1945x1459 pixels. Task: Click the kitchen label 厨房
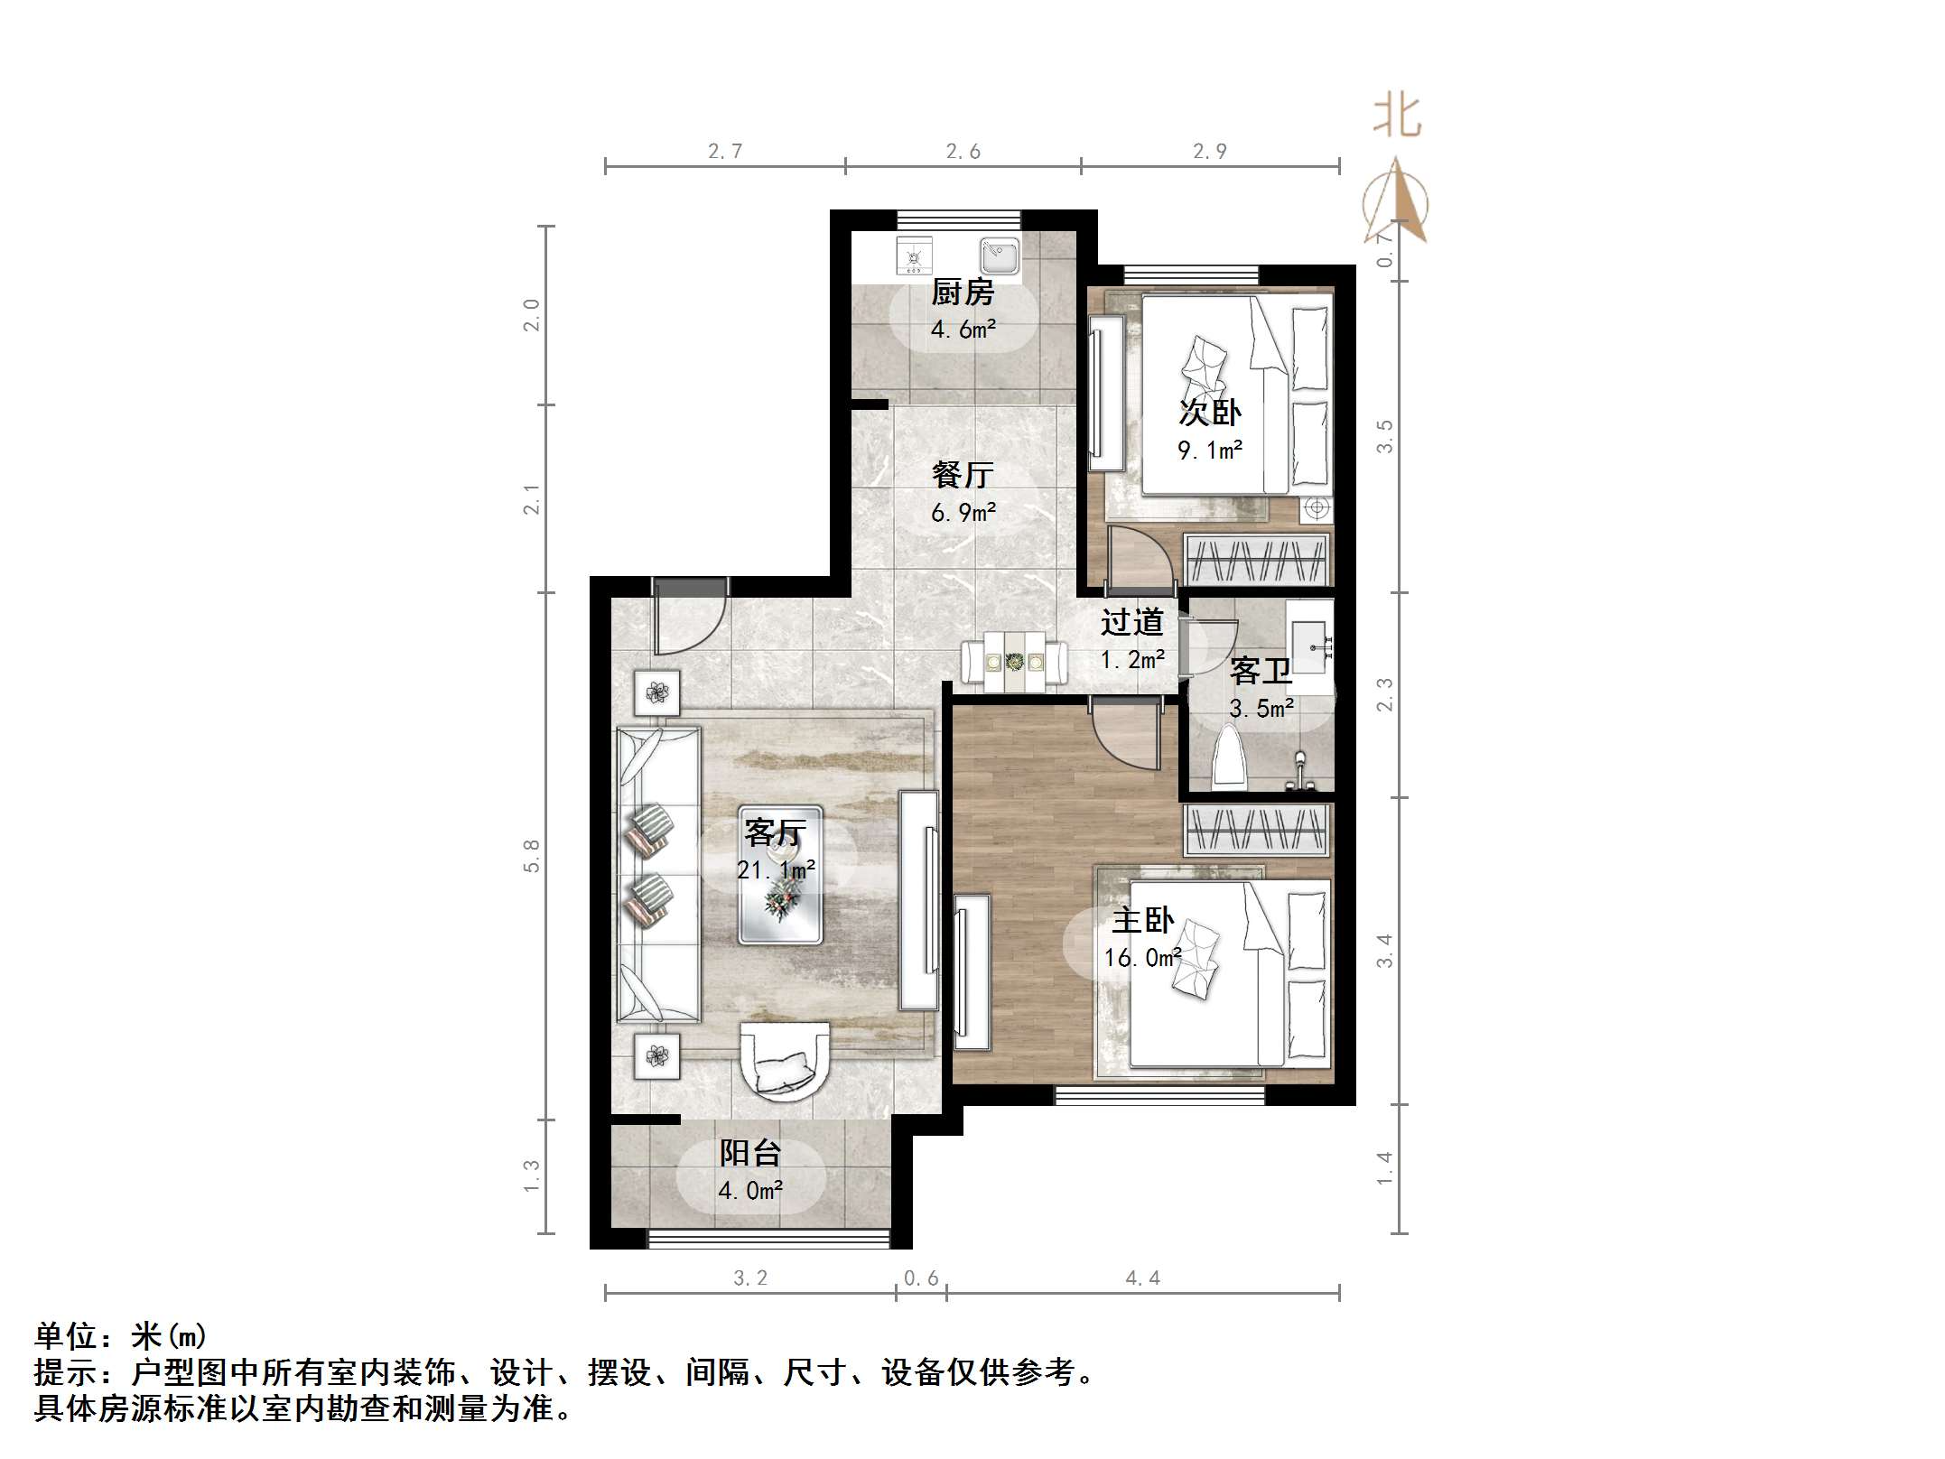pos(963,293)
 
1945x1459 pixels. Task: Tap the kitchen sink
pos(999,256)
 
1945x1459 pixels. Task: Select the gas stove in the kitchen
pos(914,256)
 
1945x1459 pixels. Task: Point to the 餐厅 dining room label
pos(963,475)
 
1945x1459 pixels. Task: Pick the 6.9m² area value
pos(963,513)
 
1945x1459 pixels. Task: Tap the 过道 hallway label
pos(1131,622)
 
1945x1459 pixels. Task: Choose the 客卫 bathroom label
pos(1261,672)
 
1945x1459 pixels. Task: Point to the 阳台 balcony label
pos(749,1153)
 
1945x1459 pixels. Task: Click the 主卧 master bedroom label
pos(1142,920)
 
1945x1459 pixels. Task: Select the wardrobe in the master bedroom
pos(1255,830)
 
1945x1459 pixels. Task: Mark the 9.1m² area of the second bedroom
pos(1210,450)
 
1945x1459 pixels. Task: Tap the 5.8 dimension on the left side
pos(532,856)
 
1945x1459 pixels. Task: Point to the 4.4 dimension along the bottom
pos(1142,1278)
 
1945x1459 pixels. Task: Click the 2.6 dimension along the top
pos(963,151)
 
